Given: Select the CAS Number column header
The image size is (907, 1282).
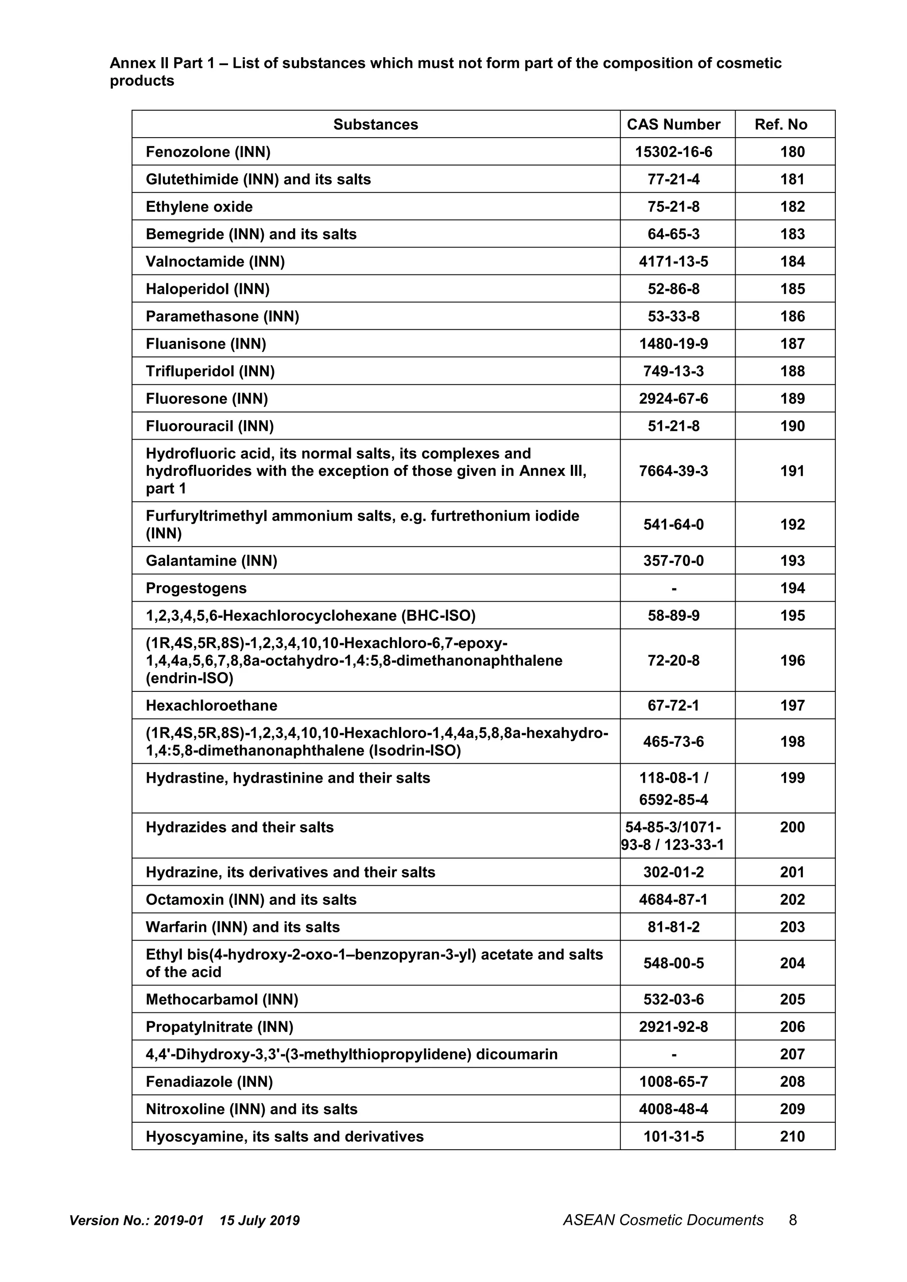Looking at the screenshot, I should (x=673, y=124).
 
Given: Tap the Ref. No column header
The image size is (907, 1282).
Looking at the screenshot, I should (x=780, y=124).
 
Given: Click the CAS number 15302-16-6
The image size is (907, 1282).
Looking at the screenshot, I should (x=673, y=152).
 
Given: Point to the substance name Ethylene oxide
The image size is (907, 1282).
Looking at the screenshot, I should (x=199, y=207).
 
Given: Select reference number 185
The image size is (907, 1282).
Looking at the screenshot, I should (x=792, y=289).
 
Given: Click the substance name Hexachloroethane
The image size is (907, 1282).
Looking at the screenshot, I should (x=211, y=706).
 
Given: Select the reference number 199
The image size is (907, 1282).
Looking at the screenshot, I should (x=792, y=778).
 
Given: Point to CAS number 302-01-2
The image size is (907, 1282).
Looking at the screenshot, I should (x=673, y=872).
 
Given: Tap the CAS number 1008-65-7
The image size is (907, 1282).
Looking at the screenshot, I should (x=673, y=1082).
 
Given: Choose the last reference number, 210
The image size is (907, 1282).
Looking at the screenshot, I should (x=792, y=1137).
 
